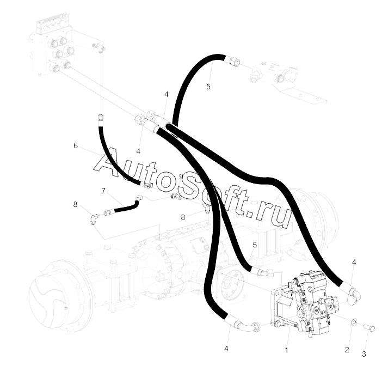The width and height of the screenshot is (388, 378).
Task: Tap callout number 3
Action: coord(365,353)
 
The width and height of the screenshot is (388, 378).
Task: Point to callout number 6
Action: coord(76,145)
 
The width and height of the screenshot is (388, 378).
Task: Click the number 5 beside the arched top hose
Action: coord(208,86)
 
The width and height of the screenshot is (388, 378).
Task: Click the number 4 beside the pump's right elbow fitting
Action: coord(354,263)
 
